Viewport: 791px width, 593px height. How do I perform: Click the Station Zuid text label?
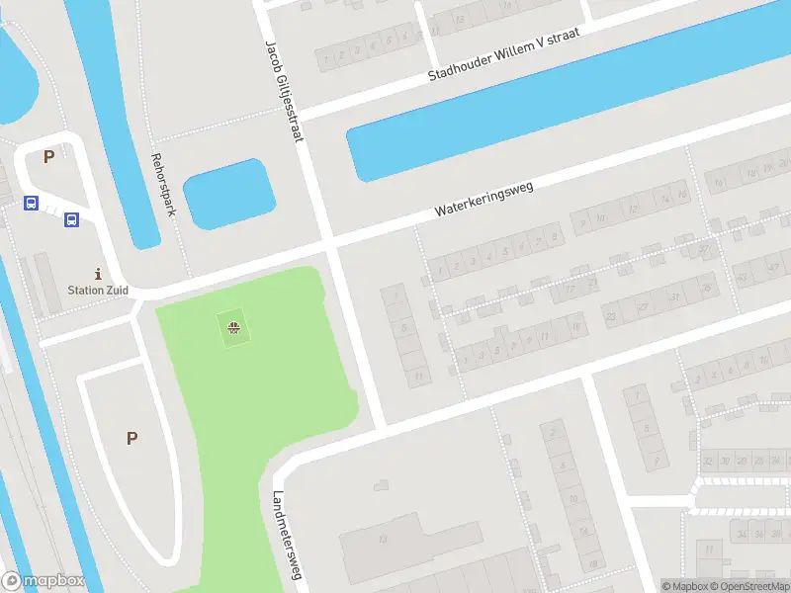pos(97,291)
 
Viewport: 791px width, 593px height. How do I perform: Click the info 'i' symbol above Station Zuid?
pos(97,273)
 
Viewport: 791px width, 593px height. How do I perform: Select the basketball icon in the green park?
pos(233,328)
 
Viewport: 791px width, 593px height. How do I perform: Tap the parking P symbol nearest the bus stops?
pos(47,156)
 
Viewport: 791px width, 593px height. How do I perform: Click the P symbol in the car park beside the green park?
pos(132,438)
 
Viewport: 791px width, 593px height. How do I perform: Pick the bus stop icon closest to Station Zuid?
pos(71,219)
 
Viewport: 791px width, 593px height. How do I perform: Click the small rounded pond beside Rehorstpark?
pos(228,194)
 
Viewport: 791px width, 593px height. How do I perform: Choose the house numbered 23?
pos(610,316)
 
